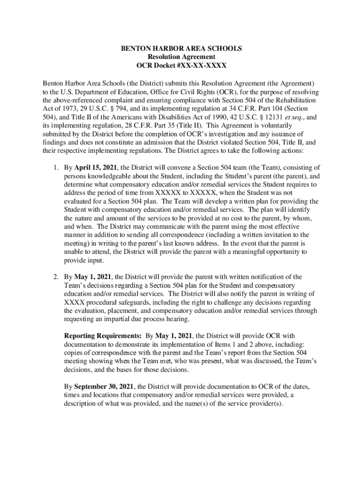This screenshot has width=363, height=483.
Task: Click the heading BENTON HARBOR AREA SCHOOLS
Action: click(181, 49)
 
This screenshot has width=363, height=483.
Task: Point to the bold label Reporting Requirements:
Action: click(103, 336)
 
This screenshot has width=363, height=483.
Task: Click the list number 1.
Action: click(55, 167)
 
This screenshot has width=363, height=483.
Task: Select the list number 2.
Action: click(55, 276)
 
